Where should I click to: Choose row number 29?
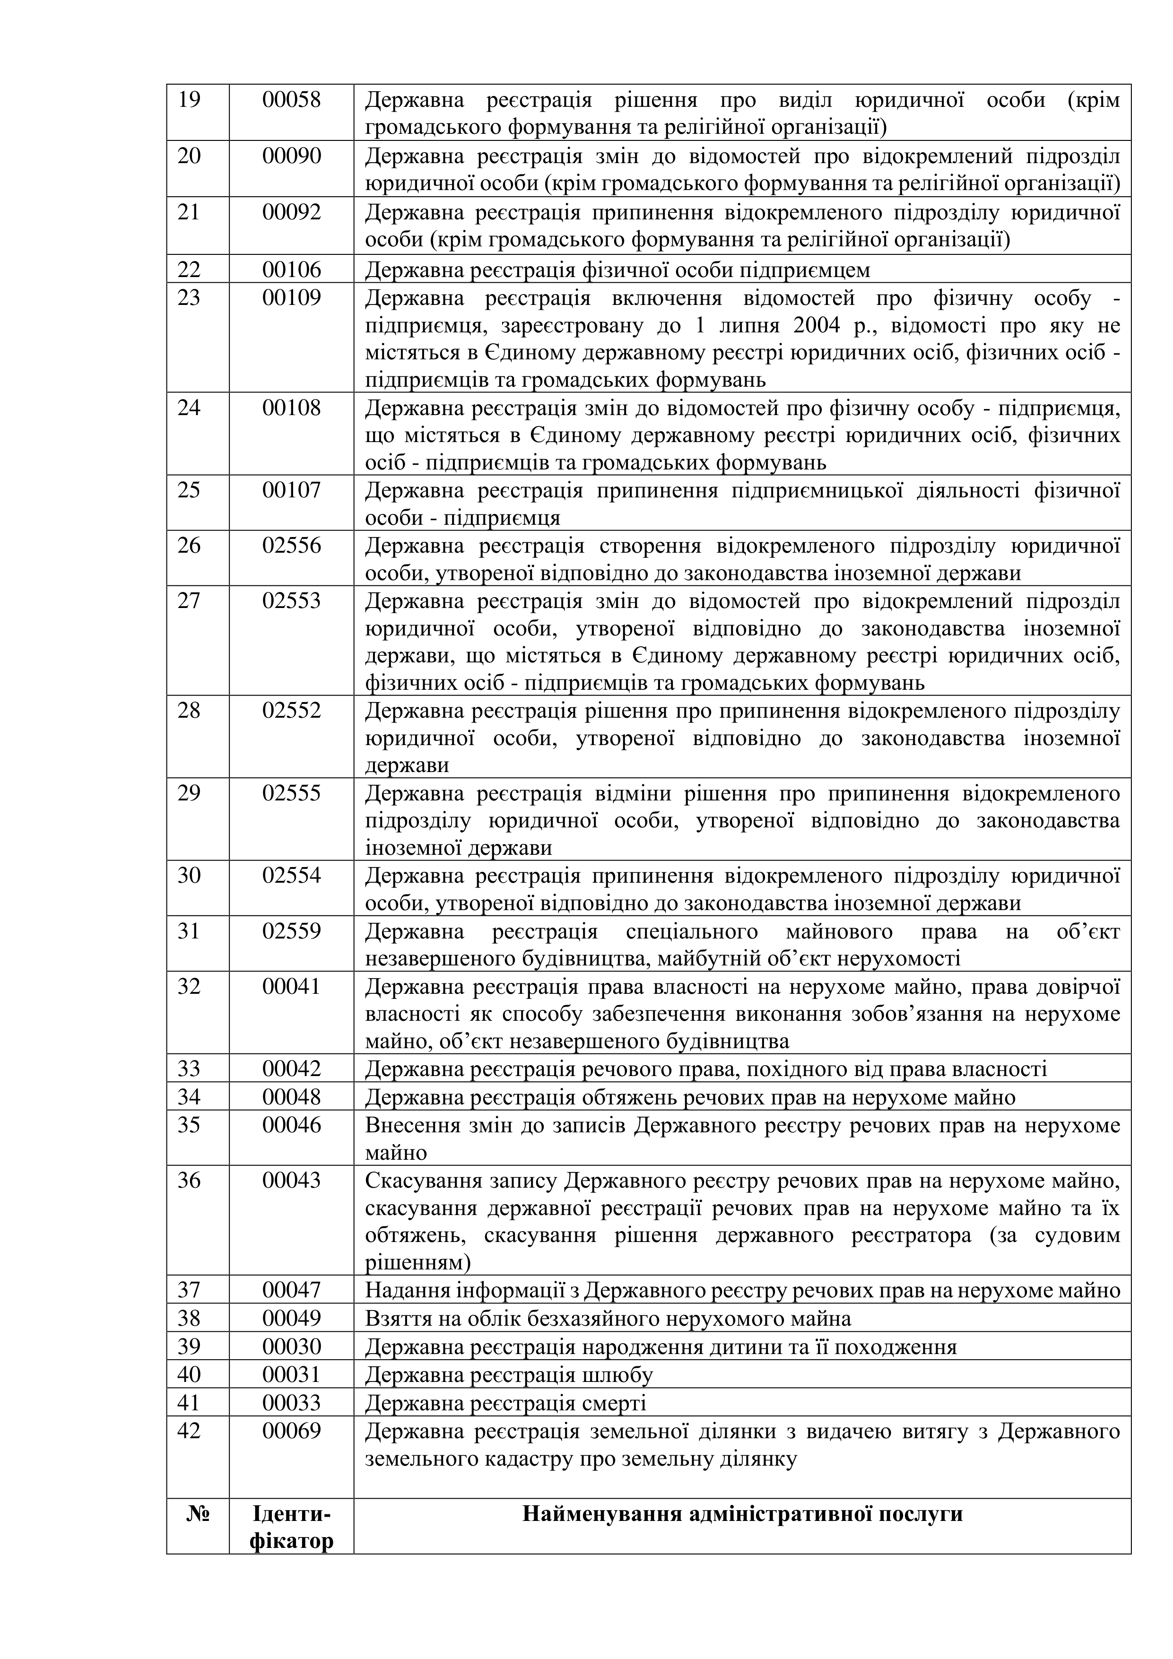[x=189, y=793]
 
